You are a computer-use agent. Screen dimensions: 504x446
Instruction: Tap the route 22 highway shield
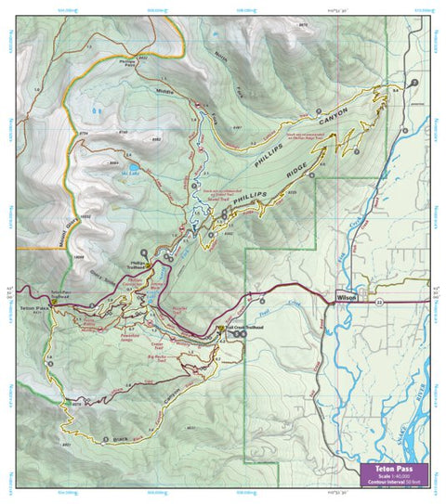(380, 301)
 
